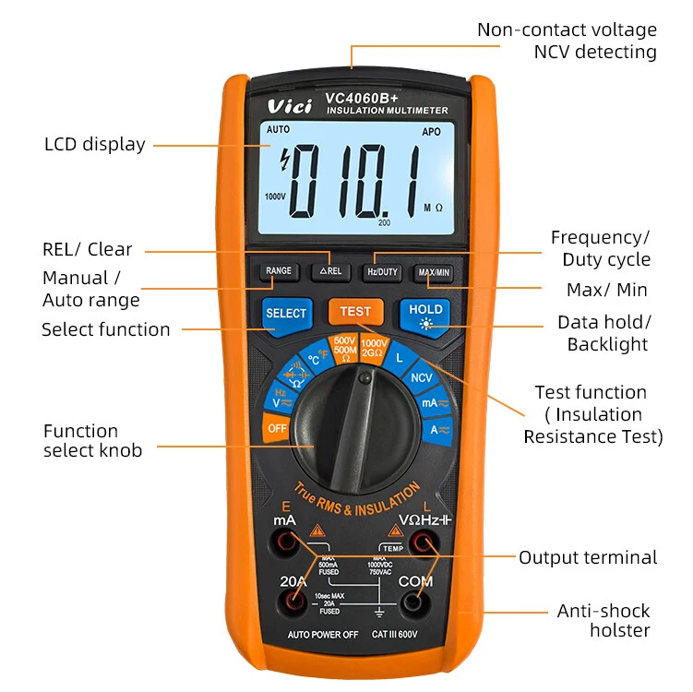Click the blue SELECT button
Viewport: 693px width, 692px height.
coord(286,314)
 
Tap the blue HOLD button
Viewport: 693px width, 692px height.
coord(424,314)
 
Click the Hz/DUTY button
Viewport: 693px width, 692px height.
coord(382,271)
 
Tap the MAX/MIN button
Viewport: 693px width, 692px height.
coord(433,272)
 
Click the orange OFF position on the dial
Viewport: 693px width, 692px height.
coord(277,428)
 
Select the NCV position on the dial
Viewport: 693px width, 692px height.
coord(422,377)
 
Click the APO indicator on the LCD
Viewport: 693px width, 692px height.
coord(431,132)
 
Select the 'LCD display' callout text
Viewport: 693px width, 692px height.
coord(95,144)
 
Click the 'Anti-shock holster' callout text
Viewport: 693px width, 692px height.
coord(603,621)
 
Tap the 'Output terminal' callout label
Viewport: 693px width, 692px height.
coord(588,557)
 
